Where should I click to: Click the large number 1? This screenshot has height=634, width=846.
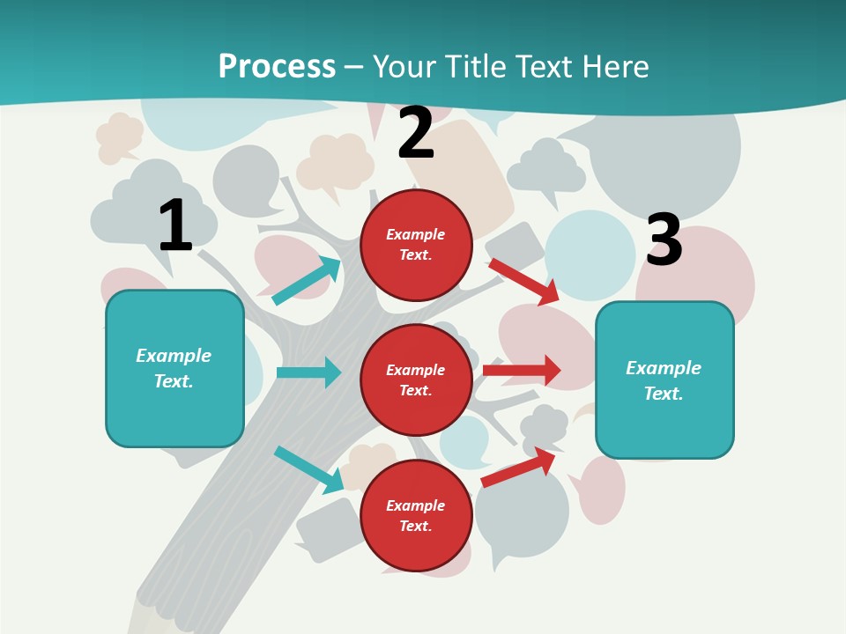point(175,225)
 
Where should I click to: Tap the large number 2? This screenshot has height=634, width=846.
point(416,133)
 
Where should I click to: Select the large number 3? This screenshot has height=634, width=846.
point(664,240)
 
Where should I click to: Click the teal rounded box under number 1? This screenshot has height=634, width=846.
point(174,368)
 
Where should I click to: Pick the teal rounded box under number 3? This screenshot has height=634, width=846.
point(664,380)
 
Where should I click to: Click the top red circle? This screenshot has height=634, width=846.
point(416,245)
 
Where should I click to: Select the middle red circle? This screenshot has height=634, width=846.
point(416,380)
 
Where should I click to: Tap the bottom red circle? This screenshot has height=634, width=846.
point(416,515)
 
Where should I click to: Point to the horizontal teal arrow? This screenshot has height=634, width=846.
point(308,372)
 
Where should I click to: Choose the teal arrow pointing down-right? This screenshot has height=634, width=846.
point(308,469)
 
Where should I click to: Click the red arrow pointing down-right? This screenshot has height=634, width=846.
point(524,281)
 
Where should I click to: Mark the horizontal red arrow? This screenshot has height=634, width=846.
point(522,370)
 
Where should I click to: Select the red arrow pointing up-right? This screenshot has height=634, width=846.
point(518,467)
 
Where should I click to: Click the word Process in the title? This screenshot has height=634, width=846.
point(277,66)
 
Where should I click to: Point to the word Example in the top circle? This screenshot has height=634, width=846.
point(416,234)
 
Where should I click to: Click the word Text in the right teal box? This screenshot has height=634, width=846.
point(663,394)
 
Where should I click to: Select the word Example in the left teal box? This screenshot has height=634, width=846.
point(174,356)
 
